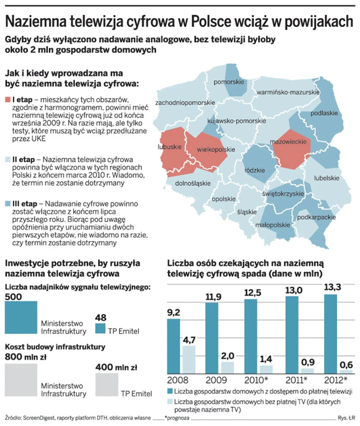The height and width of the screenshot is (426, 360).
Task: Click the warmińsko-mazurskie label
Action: tap(288, 92)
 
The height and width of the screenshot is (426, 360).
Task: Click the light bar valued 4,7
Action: tap(190, 359)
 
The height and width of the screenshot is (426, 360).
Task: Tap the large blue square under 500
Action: tap(21, 317)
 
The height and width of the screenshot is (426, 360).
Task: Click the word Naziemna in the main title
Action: tap(37, 21)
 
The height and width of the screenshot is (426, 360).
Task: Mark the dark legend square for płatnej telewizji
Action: tap(170, 391)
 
